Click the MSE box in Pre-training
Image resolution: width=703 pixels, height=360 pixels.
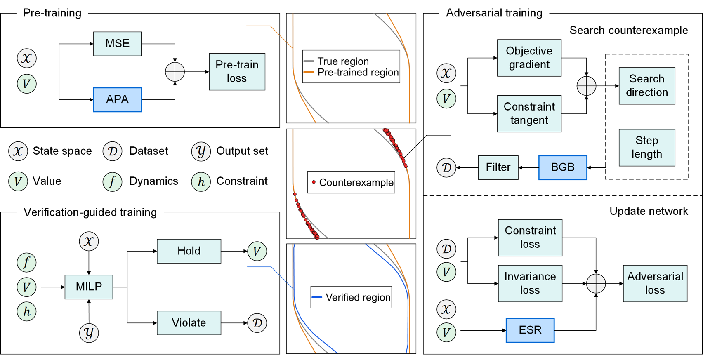point(117,44)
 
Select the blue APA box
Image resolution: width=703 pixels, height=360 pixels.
point(117,99)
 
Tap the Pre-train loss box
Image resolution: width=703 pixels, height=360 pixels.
point(237,72)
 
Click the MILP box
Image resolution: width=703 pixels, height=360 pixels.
point(89,287)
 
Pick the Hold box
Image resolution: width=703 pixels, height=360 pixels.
point(189,251)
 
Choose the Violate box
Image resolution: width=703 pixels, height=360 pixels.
point(189,323)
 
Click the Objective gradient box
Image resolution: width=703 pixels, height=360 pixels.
point(529,58)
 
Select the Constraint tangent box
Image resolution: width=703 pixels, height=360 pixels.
point(529,113)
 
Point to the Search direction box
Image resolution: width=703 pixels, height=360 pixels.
point(646,86)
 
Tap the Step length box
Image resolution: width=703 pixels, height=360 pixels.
point(646,147)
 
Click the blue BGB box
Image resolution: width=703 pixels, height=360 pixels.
point(562,167)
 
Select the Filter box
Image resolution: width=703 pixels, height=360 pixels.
point(498,167)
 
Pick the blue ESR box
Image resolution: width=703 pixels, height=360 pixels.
point(530,330)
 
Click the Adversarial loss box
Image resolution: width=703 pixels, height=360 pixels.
point(655,283)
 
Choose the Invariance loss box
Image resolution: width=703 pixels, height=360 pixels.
point(530,283)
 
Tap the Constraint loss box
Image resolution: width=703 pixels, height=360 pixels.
point(530,238)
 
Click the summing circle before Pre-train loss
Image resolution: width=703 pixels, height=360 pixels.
point(175,72)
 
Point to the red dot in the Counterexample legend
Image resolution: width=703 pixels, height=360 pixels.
point(314,182)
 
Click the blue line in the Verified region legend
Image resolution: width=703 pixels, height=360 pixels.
point(317,297)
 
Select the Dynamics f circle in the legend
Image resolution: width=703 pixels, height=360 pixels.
point(112,182)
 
